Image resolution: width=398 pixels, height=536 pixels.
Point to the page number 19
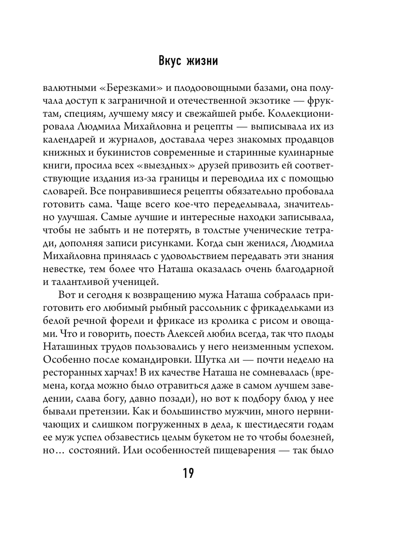coord(188,473)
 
